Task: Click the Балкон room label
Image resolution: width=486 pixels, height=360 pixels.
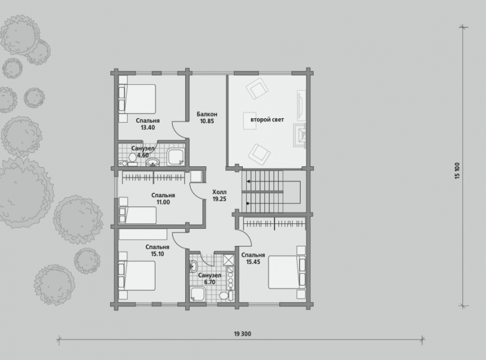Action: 207,114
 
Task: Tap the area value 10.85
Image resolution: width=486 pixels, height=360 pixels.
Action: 207,121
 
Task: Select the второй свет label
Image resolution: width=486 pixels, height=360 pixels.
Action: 267,120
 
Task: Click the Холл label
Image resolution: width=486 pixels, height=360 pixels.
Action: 219,192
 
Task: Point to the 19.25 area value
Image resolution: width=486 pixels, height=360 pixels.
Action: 219,199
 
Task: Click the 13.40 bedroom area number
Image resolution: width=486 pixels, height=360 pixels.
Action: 148,127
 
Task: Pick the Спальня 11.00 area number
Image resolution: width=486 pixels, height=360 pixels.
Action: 163,202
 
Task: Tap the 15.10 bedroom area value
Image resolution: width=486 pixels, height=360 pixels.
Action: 157,254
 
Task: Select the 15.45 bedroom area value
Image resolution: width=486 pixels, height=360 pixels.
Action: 253,262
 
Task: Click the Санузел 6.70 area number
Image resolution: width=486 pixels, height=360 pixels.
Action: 210,282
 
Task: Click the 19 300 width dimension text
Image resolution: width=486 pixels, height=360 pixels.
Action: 242,334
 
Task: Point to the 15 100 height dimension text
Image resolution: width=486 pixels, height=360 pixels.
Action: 457,171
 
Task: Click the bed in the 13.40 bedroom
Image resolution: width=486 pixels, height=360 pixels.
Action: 137,99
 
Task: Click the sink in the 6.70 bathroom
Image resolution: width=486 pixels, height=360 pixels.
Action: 193,266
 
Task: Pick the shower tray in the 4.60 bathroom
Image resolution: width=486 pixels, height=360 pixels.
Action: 176,157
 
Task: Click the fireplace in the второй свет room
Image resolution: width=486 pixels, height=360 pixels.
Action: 299,135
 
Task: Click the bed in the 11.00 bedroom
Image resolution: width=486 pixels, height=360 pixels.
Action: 138,215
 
